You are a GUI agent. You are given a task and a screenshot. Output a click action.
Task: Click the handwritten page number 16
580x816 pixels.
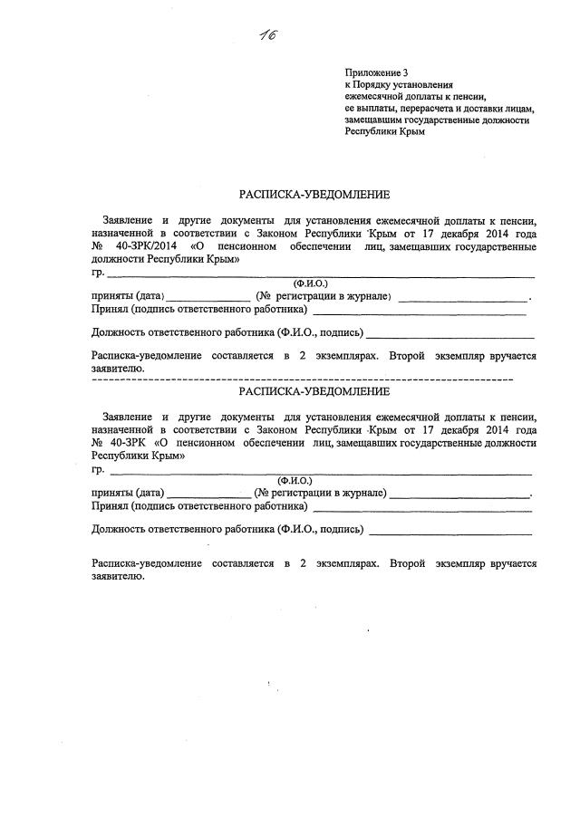[x=266, y=35]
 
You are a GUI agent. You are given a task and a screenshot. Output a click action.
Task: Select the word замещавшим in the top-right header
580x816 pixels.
[x=375, y=119]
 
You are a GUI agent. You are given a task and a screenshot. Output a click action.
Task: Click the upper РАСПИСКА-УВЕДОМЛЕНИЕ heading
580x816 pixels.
[x=314, y=194]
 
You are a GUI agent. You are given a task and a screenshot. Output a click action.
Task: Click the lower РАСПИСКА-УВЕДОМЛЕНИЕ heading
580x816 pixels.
[x=314, y=391]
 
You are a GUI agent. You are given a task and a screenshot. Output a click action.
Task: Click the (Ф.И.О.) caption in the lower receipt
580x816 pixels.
[x=295, y=480]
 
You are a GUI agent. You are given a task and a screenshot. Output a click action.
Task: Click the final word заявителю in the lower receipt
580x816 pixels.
[x=118, y=576]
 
